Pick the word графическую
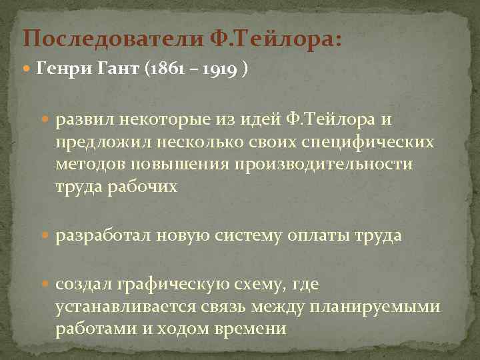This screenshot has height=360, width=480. click(175, 285)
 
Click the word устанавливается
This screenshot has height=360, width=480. click(126, 307)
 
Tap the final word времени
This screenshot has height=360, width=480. click(249, 329)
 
